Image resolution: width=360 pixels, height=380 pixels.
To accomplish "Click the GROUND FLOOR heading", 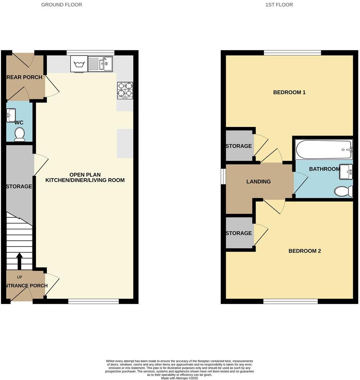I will tap(62, 5).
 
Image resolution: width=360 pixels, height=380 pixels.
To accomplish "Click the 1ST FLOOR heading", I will tap(279, 5).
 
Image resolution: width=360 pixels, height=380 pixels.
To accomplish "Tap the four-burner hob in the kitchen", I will tap(125, 91).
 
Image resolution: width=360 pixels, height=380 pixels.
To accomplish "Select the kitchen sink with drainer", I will tap(100, 64).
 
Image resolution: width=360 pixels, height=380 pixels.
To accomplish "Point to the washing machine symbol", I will tap(78, 64).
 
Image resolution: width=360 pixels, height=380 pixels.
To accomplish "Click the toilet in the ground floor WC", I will tap(19, 134).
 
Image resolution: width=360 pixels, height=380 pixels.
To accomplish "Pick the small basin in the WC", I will tap(10, 116).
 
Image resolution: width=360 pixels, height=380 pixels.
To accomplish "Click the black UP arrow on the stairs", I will tap(19, 261).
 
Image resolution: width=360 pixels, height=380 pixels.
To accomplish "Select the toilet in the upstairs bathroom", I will tap(343, 191).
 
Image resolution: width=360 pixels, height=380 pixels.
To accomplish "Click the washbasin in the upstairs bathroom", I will tap(346, 172).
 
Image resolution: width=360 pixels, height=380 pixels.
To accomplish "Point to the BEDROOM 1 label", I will tap(289, 92).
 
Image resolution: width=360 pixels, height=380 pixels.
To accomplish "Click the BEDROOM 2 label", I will tap(304, 251).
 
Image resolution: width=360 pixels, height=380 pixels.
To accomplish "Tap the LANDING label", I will tap(258, 182).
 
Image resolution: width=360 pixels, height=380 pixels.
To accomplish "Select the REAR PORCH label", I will tap(24, 77).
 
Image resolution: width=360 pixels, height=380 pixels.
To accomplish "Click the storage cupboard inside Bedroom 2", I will tap(239, 233).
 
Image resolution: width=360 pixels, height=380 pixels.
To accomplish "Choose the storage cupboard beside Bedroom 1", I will tap(239, 146).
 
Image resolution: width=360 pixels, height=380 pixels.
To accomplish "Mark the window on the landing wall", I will tap(223, 176).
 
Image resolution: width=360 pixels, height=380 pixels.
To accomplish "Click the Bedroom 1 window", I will tap(292, 53).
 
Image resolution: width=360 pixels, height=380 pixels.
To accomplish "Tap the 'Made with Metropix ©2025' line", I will tap(180, 378).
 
